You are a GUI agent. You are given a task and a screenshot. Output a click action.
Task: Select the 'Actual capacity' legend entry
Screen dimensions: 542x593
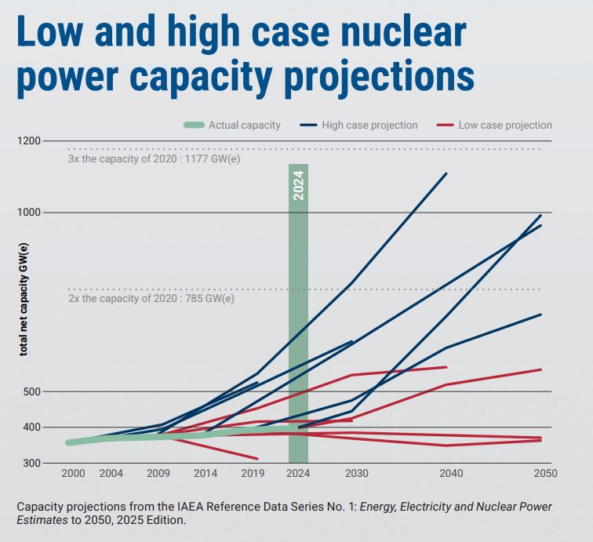click(x=244, y=125)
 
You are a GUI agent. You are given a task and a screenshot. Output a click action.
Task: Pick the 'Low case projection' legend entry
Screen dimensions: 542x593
click(x=505, y=125)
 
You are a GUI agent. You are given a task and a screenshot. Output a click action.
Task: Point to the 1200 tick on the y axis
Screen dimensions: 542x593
click(x=31, y=141)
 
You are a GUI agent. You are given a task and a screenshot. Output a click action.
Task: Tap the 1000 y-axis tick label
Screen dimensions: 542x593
click(x=31, y=213)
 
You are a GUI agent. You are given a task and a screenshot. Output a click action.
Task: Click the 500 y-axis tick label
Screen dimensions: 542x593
click(x=34, y=391)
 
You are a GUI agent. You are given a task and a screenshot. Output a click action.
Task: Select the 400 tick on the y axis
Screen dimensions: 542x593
click(x=34, y=427)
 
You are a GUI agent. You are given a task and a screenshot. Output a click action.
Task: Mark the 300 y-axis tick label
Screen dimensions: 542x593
click(x=34, y=464)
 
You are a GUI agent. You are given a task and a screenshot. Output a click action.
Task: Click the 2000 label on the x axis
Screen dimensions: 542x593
click(x=73, y=474)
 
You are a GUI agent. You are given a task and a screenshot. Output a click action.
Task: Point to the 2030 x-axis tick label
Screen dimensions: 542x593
click(x=357, y=474)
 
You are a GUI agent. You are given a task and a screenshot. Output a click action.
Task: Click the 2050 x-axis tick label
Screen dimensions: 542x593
click(x=545, y=474)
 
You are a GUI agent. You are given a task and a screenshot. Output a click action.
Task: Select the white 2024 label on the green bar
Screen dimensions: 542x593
click(x=298, y=185)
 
